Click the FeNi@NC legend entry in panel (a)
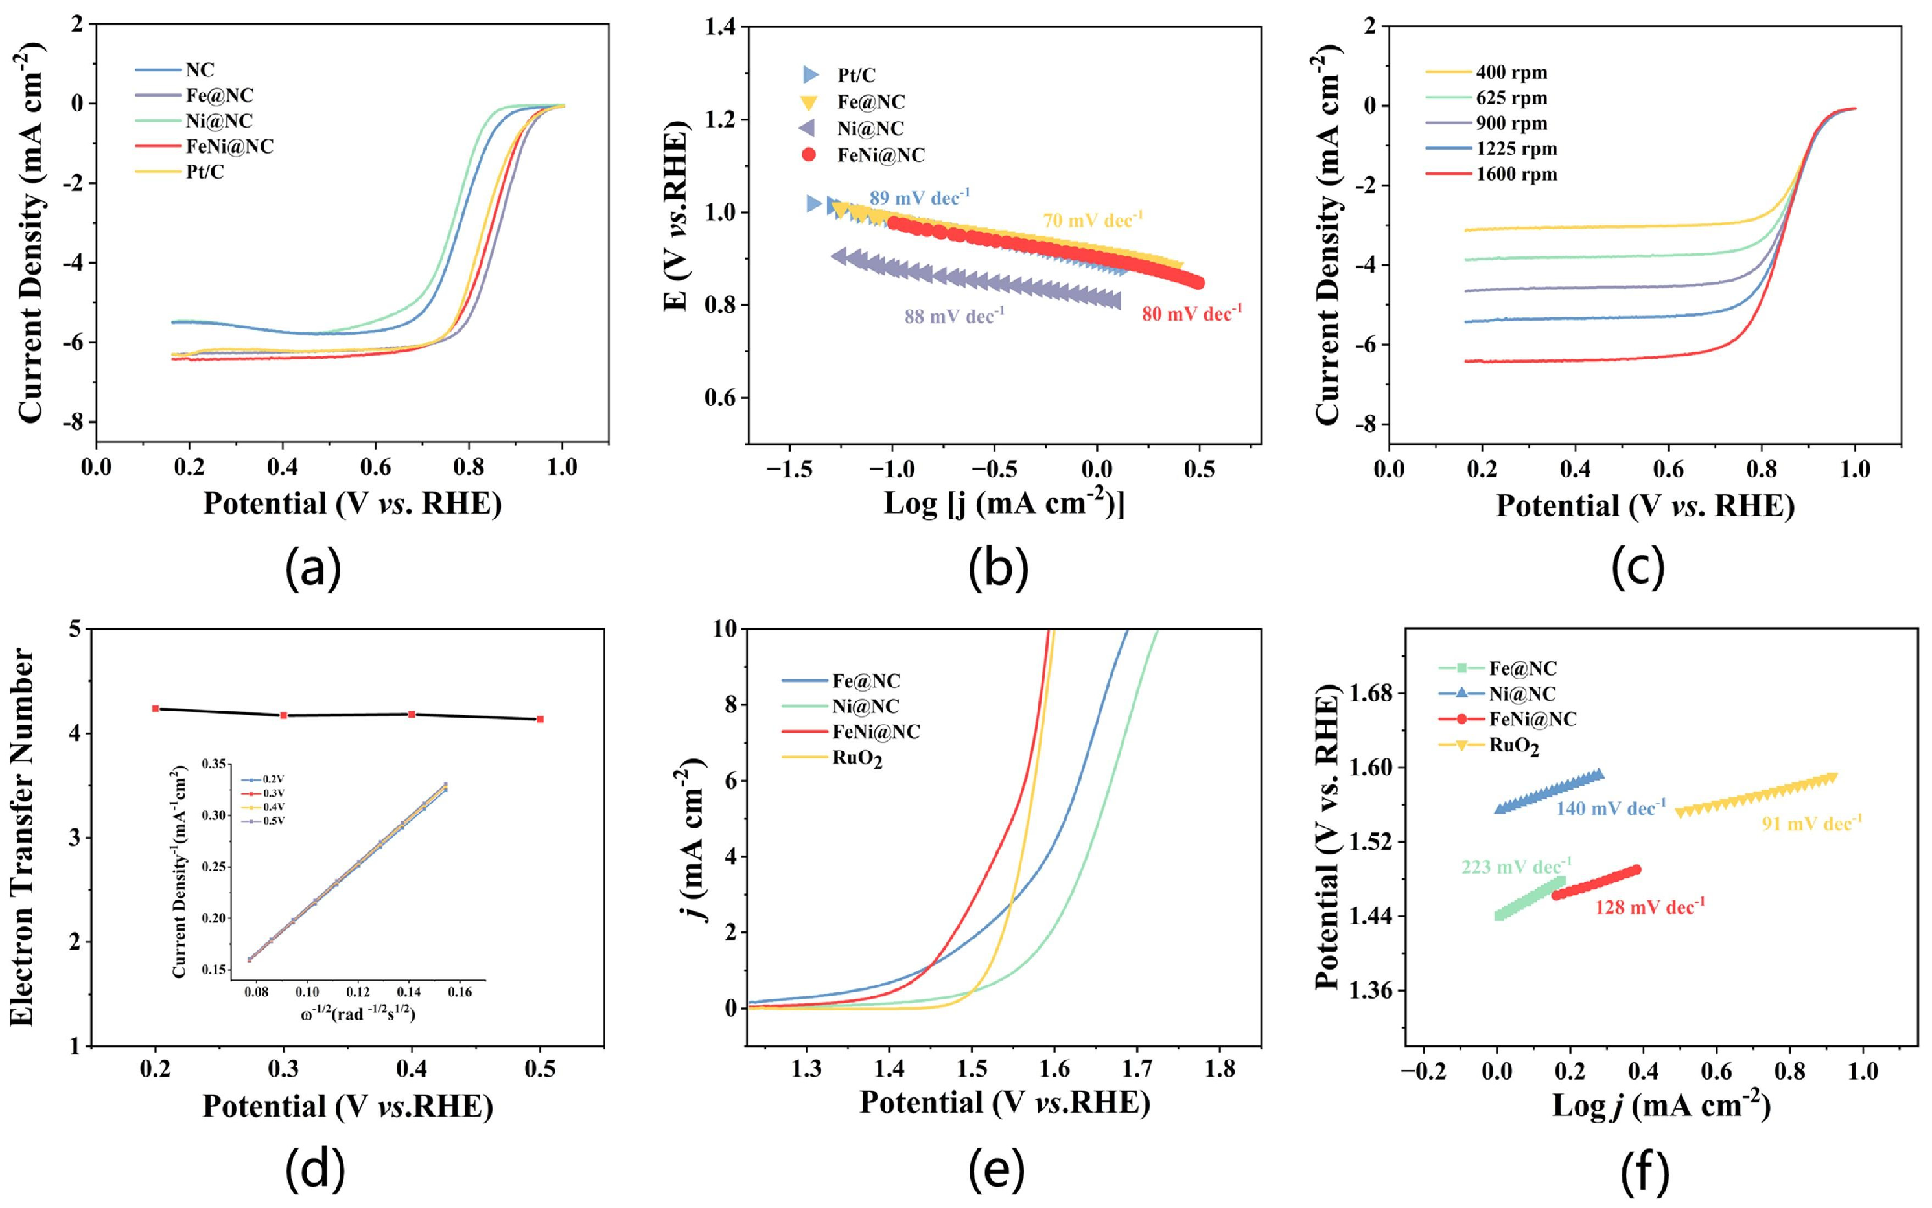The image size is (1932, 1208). coord(205,146)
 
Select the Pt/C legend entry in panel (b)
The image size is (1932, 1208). coord(839,75)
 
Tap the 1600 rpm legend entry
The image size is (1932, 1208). coord(1491,174)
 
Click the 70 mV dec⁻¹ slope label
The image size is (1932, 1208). coord(1093,219)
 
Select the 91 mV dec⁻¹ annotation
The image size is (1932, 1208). coord(1812,822)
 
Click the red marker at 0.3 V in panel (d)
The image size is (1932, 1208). coord(284,715)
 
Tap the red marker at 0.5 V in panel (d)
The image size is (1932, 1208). coord(541,719)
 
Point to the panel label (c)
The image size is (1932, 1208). coord(1638,567)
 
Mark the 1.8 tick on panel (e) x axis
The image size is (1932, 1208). coord(1220,1068)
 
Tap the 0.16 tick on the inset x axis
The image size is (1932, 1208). coord(460,992)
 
